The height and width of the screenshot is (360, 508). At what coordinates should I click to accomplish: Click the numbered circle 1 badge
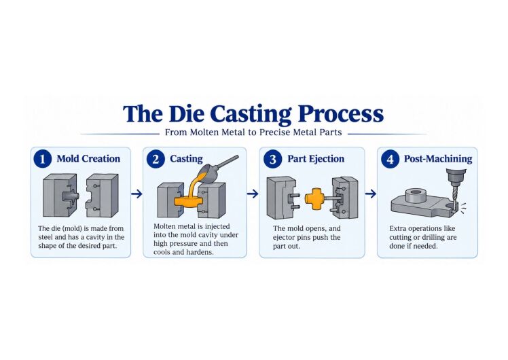click(x=42, y=159)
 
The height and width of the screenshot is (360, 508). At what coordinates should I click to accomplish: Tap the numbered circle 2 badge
click(x=156, y=159)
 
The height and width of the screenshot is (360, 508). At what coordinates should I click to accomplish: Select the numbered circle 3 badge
click(x=273, y=159)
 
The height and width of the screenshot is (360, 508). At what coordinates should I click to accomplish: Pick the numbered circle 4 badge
click(x=390, y=159)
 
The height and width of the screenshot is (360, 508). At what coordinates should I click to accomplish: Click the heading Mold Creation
click(x=88, y=159)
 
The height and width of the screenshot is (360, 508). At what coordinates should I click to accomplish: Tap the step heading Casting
click(x=186, y=159)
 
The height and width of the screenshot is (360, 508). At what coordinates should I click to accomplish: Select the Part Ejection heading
click(x=316, y=159)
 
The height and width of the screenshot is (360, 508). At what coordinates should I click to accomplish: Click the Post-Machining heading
click(x=438, y=159)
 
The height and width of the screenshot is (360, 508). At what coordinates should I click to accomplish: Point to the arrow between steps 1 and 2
click(x=137, y=194)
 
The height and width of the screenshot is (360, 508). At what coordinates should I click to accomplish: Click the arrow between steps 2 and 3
click(x=253, y=194)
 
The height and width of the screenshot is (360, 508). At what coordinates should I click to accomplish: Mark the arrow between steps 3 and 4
click(x=371, y=194)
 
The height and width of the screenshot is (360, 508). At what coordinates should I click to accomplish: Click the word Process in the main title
click(x=341, y=113)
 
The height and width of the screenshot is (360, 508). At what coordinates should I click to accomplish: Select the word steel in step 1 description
click(x=46, y=237)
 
